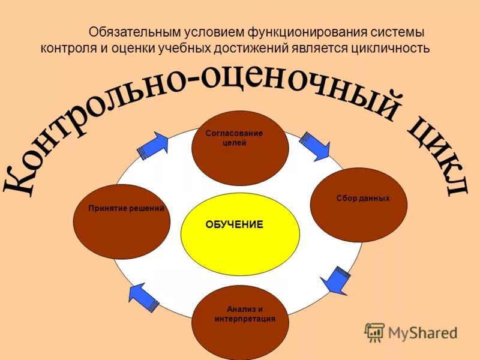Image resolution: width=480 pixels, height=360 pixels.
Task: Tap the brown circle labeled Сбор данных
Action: pos(358,205)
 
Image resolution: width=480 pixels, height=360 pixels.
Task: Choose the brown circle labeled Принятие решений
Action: pos(121,221)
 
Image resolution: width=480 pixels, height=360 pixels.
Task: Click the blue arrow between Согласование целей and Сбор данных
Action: pos(314,145)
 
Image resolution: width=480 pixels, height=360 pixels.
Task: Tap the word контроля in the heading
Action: pos(64,48)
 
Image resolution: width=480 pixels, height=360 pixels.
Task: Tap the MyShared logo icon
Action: pos(374,332)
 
